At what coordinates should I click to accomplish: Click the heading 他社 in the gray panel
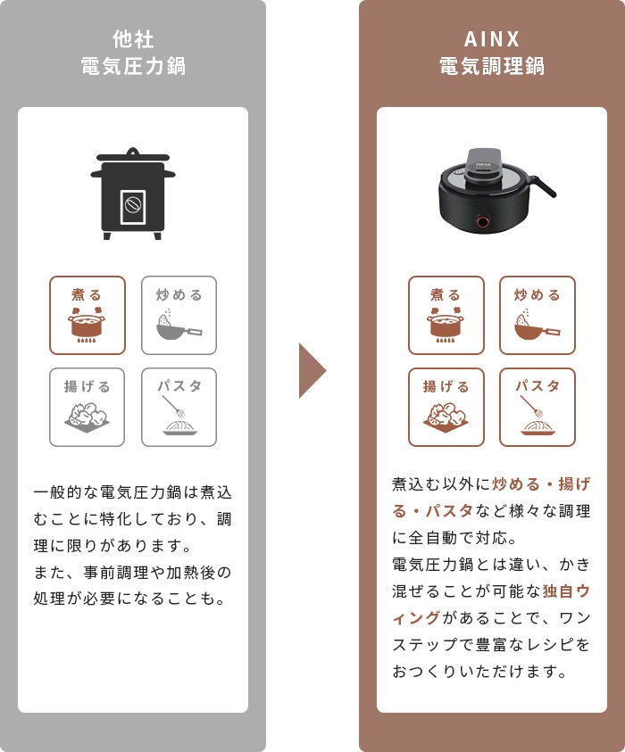pyautogui.click(x=133, y=39)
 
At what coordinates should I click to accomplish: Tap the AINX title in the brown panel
pyautogui.click(x=492, y=39)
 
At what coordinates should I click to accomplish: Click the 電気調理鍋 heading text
pyautogui.click(x=492, y=66)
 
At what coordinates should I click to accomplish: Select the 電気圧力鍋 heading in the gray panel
pyautogui.click(x=133, y=66)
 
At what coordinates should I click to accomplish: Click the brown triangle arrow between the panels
pyautogui.click(x=311, y=370)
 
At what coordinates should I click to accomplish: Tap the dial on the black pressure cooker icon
pyautogui.click(x=133, y=205)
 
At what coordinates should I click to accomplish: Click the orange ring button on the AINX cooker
pyautogui.click(x=483, y=221)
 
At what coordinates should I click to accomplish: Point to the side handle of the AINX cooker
pyautogui.click(x=543, y=186)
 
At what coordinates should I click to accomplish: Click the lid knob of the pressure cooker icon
pyautogui.click(x=133, y=152)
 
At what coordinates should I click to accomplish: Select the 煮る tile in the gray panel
pyautogui.click(x=87, y=315)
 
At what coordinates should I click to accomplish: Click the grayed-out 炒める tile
pyautogui.click(x=179, y=315)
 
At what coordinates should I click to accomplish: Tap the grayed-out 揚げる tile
pyautogui.click(x=87, y=407)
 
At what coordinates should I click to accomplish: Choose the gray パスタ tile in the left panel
pyautogui.click(x=179, y=407)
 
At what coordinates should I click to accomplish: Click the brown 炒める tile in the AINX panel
pyautogui.click(x=537, y=315)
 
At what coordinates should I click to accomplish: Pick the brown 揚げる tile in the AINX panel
pyautogui.click(x=446, y=407)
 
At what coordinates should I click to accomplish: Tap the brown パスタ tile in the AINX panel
pyautogui.click(x=537, y=407)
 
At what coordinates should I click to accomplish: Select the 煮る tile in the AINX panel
pyautogui.click(x=446, y=315)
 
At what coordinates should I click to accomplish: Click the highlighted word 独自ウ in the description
pyautogui.click(x=566, y=591)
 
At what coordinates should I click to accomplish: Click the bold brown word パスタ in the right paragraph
pyautogui.click(x=449, y=511)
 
